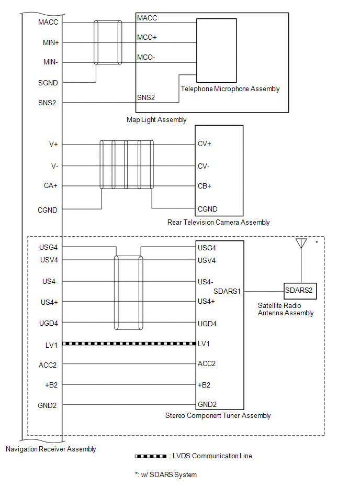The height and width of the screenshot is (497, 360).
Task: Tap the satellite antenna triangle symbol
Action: click(x=301, y=243)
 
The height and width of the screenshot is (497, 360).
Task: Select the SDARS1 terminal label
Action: click(x=227, y=291)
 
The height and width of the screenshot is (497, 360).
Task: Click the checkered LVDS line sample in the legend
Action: click(x=151, y=456)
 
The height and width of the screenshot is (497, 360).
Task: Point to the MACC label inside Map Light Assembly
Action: click(x=147, y=18)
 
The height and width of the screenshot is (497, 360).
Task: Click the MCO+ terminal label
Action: click(x=147, y=37)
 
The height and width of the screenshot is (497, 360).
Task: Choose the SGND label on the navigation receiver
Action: click(x=48, y=83)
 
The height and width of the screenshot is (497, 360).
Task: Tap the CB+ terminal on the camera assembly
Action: click(x=205, y=186)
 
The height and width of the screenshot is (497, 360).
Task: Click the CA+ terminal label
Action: click(x=51, y=185)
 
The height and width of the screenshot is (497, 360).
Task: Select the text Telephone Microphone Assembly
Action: click(x=230, y=89)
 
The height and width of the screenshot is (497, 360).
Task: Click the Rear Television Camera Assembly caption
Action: click(x=219, y=222)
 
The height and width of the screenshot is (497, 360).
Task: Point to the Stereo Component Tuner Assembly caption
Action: click(x=218, y=415)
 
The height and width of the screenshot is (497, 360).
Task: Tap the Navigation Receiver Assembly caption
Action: click(x=51, y=449)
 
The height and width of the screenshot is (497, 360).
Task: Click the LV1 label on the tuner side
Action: click(x=204, y=344)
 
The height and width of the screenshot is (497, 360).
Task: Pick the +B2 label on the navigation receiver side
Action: click(x=51, y=385)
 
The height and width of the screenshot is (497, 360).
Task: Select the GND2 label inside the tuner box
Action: click(x=207, y=404)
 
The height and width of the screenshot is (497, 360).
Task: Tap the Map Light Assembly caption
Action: click(x=156, y=120)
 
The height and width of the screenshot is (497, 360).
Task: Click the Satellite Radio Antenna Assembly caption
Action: click(x=286, y=309)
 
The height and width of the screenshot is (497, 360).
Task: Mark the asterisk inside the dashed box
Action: click(x=317, y=243)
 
